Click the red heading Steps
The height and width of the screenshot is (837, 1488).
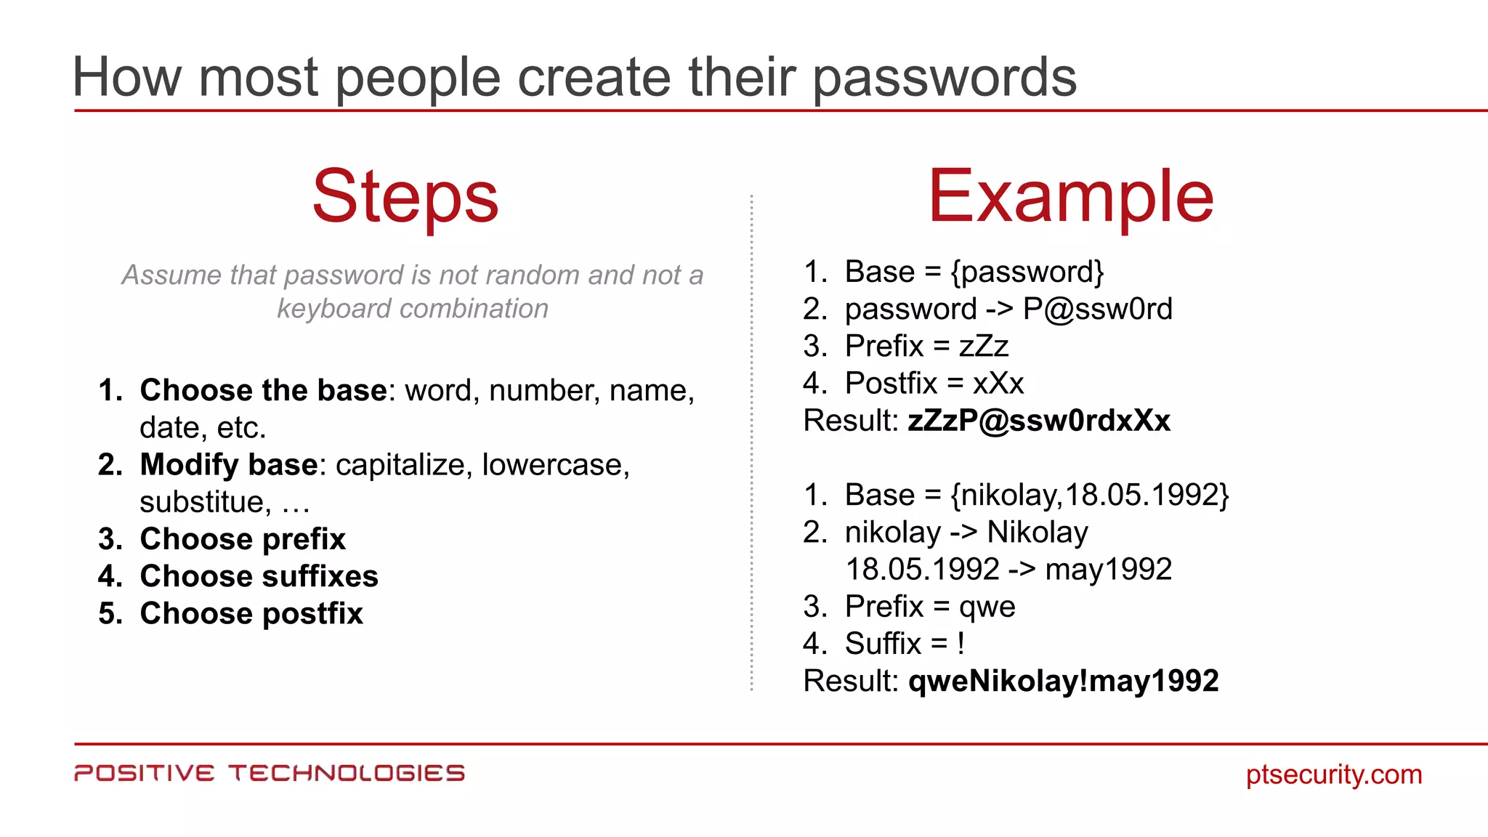pos(405,196)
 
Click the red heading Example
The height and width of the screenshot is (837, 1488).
pos(1071,196)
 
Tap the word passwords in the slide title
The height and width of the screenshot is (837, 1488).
pos(945,77)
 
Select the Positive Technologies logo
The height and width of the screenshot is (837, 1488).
pos(270,773)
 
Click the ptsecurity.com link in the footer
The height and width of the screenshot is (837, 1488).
pos(1334,775)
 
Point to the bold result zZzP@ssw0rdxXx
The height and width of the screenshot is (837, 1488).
pos(1039,421)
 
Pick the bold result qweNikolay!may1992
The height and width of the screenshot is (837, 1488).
pos(1064,682)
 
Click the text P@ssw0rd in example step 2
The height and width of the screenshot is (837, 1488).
pos(1097,310)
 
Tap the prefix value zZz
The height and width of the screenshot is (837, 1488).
pos(984,347)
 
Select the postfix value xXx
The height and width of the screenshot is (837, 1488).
pos(998,384)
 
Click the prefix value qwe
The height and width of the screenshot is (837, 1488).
pos(987,607)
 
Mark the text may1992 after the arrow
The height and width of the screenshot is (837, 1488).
pos(1108,570)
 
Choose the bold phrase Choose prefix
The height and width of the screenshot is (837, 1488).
pos(243,539)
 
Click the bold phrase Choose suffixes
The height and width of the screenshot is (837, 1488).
pos(259,576)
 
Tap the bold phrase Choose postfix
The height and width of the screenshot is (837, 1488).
pos(251,614)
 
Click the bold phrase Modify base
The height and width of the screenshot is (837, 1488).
pos(228,465)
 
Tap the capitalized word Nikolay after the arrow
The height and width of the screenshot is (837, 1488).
pos(1038,533)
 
